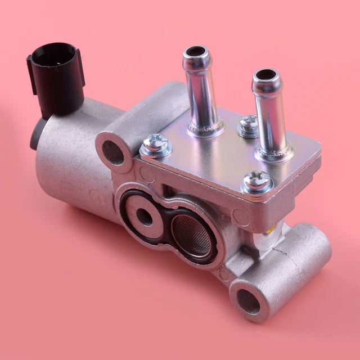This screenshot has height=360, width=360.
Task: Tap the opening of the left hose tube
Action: (x=196, y=52)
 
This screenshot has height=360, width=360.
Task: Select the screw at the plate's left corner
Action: (x=155, y=146)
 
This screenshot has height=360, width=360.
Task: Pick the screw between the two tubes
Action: (x=247, y=124)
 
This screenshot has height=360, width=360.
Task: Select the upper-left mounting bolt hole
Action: (x=114, y=152)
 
